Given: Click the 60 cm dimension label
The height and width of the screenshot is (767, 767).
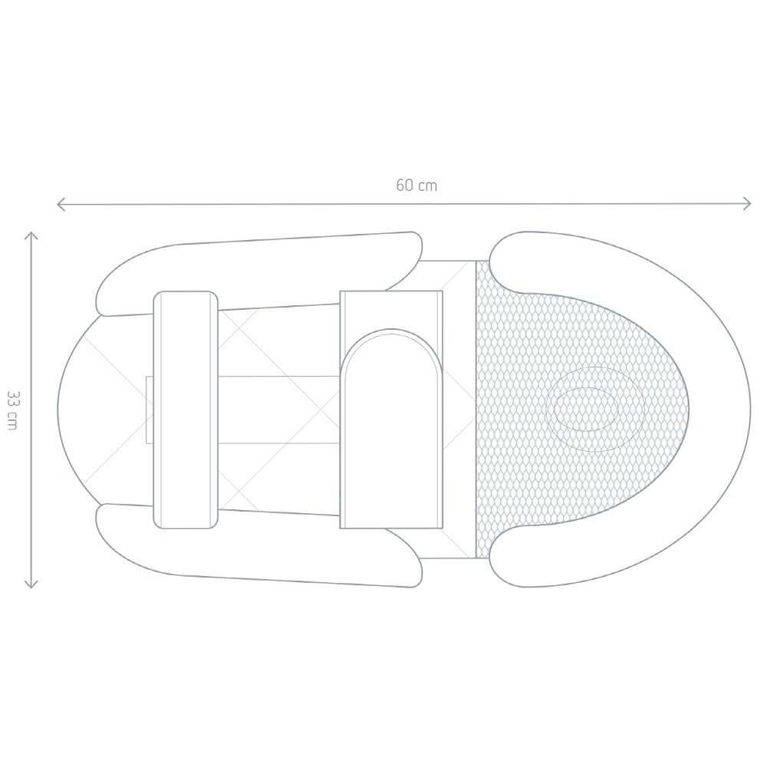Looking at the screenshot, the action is tap(416, 186).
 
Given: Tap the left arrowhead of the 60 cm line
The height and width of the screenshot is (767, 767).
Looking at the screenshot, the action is tap(61, 204).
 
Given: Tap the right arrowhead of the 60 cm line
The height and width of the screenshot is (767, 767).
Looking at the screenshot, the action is tap(746, 203).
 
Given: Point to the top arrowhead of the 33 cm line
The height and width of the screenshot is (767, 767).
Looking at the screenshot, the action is tap(31, 236).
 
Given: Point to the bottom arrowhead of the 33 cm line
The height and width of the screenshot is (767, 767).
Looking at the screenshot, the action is tap(31, 583).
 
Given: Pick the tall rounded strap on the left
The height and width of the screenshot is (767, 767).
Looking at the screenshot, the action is tap(186, 410).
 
